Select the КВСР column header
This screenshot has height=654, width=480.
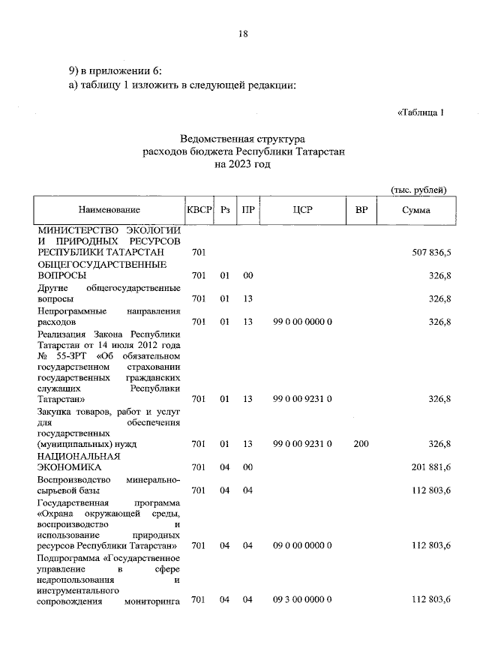pos(199,211)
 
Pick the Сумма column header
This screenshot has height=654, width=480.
pos(415,211)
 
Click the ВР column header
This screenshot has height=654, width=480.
pos(361,211)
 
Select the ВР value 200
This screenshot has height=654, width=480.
pos(361,444)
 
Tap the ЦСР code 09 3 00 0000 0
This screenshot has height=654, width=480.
pos(302,600)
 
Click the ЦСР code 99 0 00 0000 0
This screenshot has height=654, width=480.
pos(302,322)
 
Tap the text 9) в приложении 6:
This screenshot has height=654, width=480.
pos(111,71)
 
